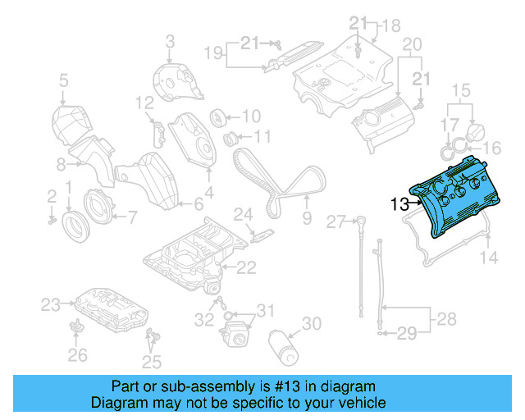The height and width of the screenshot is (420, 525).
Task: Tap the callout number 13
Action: (399, 205)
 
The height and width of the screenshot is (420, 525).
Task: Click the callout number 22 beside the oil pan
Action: (246, 267)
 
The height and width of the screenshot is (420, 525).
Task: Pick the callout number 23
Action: (52, 305)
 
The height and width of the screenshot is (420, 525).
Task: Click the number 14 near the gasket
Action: (489, 258)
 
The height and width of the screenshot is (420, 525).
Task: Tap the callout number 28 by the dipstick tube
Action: (445, 317)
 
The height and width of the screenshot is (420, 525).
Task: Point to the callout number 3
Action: (170, 40)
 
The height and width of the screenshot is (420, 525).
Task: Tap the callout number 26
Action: (77, 355)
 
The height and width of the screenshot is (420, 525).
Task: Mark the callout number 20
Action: (412, 43)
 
